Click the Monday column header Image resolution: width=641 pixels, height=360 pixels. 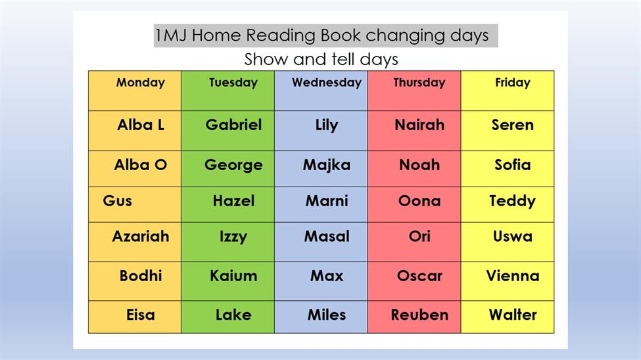pyautogui.click(x=140, y=83)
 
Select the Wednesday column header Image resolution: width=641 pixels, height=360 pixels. pyautogui.click(x=327, y=83)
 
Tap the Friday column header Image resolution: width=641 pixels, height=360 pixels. pyautogui.click(x=513, y=83)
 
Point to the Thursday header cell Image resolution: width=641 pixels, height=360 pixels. pyautogui.click(x=414, y=91)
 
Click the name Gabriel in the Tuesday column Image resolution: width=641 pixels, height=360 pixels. pyautogui.click(x=233, y=125)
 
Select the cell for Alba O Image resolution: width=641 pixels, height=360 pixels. pyautogui.click(x=135, y=169)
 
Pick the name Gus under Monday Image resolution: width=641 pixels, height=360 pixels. pyautogui.click(x=117, y=200)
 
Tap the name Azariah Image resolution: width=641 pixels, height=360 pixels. pyautogui.click(x=141, y=236)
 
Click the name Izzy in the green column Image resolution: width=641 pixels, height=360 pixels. pyautogui.click(x=233, y=236)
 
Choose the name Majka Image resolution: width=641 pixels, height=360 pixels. pyautogui.click(x=327, y=165)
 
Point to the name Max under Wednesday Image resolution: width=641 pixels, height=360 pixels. pyautogui.click(x=327, y=276)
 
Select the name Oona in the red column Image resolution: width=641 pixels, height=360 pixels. pyautogui.click(x=419, y=200)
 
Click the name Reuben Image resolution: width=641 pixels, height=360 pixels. pyautogui.click(x=419, y=315)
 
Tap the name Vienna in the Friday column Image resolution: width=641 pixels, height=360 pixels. pyautogui.click(x=513, y=276)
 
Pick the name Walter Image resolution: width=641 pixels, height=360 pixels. pyautogui.click(x=513, y=315)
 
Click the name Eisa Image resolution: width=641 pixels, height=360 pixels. pyautogui.click(x=141, y=315)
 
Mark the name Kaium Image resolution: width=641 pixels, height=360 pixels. pyautogui.click(x=233, y=276)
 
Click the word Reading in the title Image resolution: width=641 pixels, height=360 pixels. pyautogui.click(x=281, y=35)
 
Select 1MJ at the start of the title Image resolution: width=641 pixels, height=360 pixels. pyautogui.click(x=171, y=35)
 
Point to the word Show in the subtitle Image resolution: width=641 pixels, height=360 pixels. pyautogui.click(x=266, y=60)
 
